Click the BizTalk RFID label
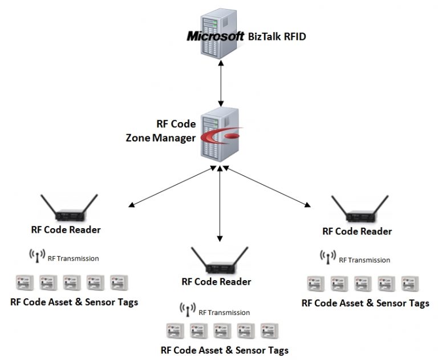278,37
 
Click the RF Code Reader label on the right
357,232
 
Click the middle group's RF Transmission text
224,312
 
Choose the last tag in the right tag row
409,283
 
